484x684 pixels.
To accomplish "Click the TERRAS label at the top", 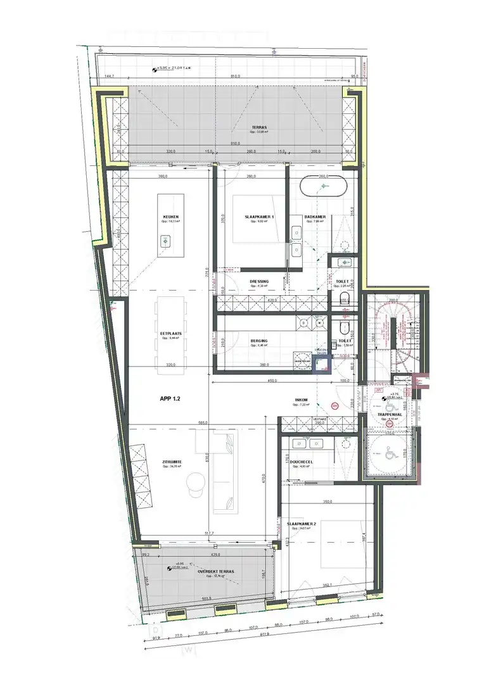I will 258,127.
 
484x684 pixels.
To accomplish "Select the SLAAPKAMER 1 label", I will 259,217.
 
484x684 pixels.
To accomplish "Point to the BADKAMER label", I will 314,217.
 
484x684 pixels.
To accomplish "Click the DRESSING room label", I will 259,281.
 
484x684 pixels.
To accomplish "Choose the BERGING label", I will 259,341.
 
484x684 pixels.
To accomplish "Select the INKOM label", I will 301,400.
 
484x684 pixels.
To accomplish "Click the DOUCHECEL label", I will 301,462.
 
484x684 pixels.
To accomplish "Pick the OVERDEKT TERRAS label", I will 215,571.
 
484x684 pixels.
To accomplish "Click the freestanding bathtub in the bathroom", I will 324,187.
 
